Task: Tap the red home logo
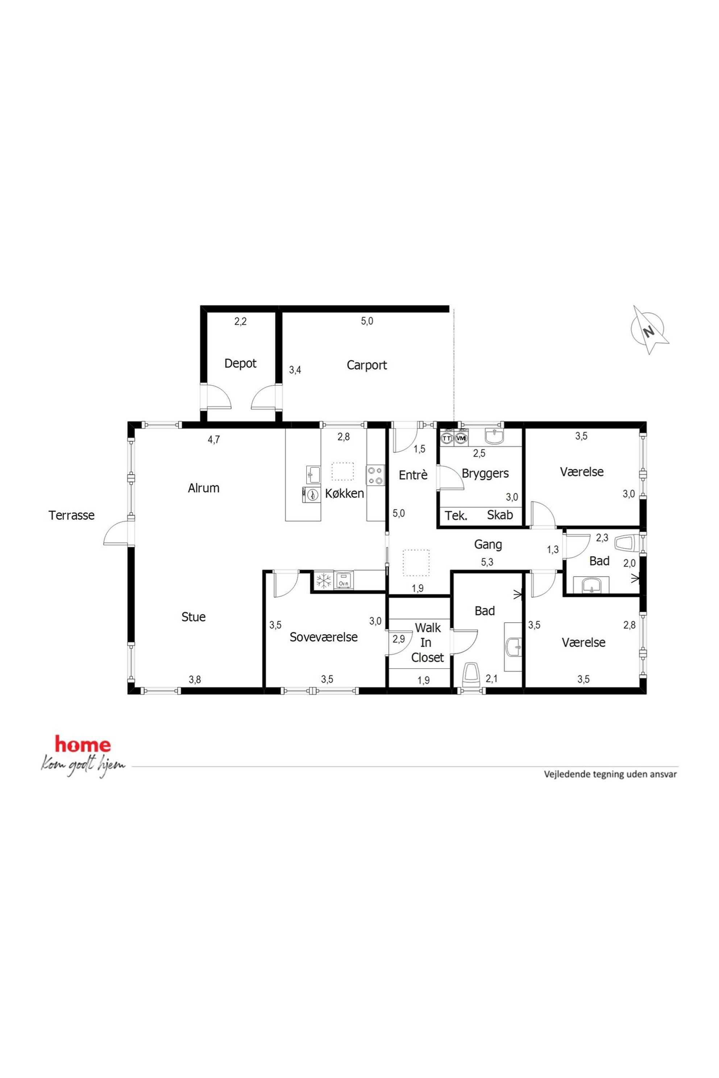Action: tap(83, 745)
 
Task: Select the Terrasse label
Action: tap(71, 515)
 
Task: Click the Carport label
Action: tap(366, 365)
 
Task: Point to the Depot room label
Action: tap(240, 363)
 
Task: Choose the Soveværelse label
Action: tap(323, 637)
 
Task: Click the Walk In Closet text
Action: tap(427, 642)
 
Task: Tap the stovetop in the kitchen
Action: tap(375, 475)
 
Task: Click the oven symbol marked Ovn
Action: tap(344, 581)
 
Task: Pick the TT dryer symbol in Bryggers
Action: tap(446, 438)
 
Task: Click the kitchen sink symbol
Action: tap(313, 475)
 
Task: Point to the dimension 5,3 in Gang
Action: tap(487, 562)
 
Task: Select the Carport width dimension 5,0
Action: tap(367, 321)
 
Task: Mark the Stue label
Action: tap(193, 617)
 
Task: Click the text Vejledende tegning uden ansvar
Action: tap(610, 774)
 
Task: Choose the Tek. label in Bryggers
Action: tap(456, 515)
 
